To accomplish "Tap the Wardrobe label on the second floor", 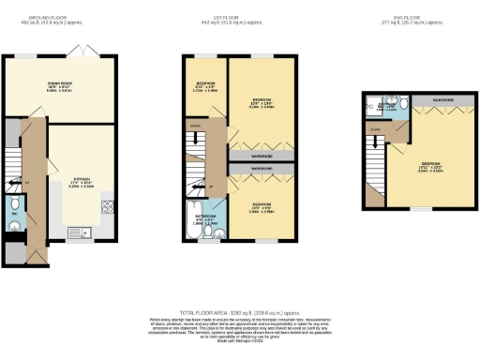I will click(443, 98).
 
